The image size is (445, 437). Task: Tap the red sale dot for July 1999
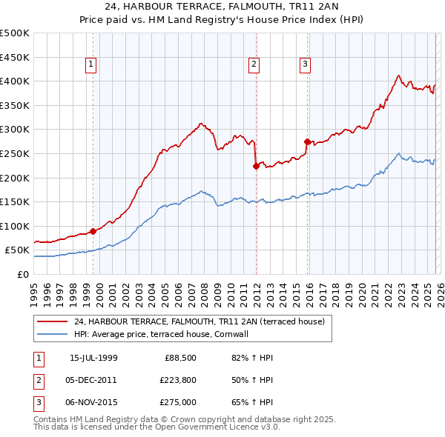point(93,231)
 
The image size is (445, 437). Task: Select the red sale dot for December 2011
point(255,166)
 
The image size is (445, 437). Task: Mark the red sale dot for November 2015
point(307,141)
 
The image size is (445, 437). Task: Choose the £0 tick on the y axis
point(22,274)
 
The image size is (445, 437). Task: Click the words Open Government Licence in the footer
point(211,427)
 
